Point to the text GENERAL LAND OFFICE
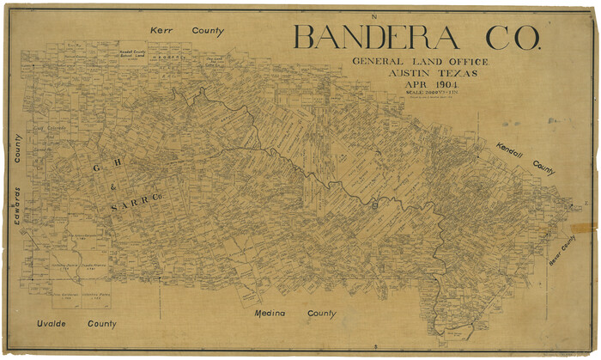pos(420,62)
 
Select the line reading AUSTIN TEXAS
pos(420,74)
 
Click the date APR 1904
pos(420,87)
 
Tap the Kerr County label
pos(186,31)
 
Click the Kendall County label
pos(525,160)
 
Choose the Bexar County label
pos(562,250)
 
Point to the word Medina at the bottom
pos(273,314)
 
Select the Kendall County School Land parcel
pos(135,53)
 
